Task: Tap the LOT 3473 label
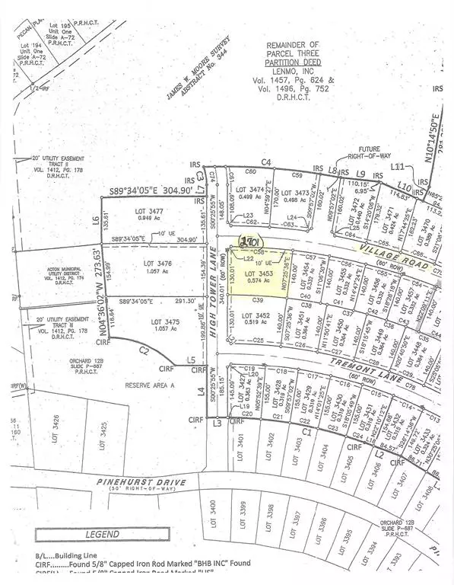[296, 193]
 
